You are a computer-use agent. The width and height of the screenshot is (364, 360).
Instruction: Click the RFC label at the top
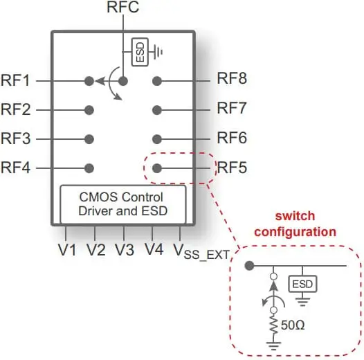pos(122,7)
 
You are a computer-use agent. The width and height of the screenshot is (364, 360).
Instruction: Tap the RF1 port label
pos(15,80)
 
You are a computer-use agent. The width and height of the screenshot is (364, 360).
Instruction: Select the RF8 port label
pos(232,78)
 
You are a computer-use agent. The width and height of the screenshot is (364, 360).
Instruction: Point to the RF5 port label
pos(232,168)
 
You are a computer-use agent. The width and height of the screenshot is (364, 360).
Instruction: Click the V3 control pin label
pos(125,250)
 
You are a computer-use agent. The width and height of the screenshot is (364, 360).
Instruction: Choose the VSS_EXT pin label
pos(201,251)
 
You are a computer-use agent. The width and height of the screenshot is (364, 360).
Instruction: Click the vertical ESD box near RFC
pos(140,52)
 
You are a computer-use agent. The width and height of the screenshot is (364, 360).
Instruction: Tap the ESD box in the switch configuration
pos(302,284)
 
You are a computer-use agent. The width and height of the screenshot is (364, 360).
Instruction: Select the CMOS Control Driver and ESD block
pos(123,204)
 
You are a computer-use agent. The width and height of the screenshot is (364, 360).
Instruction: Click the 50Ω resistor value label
pos(293,325)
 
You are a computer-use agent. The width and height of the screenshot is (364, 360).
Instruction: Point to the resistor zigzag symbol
pos(274,327)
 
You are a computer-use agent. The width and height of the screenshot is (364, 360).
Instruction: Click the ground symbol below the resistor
pos(274,346)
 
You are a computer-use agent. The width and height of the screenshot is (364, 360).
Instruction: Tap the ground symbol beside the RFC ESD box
pos(158,52)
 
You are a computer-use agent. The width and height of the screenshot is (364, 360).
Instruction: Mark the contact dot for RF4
pos(89,168)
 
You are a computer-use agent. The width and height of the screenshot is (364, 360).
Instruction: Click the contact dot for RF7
pos(157,110)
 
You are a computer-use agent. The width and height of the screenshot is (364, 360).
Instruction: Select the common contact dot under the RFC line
pos(123,81)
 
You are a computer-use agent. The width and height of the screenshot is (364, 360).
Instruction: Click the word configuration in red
pos(295,232)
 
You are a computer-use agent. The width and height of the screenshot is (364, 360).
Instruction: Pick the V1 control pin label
pos(67,250)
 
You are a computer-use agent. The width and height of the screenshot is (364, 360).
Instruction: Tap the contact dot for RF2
pos(89,110)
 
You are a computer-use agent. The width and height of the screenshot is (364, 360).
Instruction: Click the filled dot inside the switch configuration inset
pos(250,265)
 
